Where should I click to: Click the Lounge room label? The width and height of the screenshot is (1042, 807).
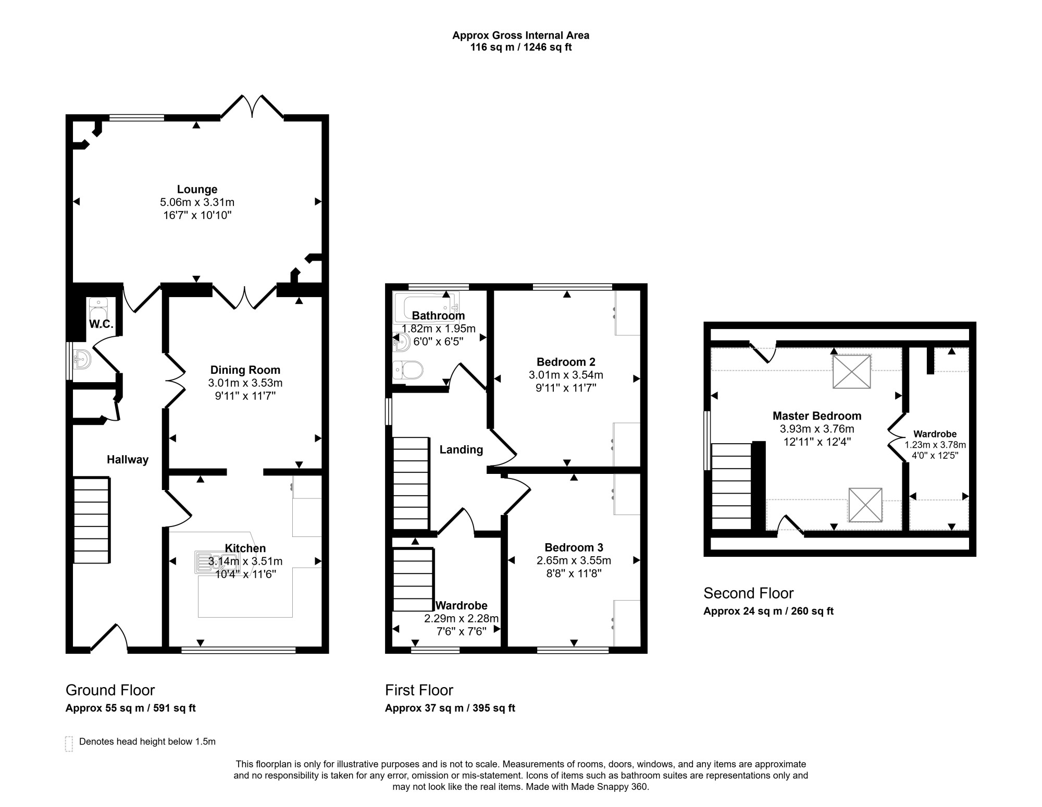197,189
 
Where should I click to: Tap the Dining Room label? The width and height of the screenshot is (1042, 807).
245,370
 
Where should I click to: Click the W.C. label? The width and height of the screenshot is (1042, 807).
101,324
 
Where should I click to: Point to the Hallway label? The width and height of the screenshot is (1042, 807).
128,460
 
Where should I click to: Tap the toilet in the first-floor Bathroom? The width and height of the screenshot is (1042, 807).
408,370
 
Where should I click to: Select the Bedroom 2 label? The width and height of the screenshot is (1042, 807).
566,362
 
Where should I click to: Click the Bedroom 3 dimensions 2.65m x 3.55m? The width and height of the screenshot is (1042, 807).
574,560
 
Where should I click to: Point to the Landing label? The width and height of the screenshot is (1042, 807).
461,450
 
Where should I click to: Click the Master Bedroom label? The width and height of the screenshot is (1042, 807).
816,416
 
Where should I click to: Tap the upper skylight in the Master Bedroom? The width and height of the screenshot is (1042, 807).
852,372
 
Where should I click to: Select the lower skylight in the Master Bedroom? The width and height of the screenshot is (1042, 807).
865,505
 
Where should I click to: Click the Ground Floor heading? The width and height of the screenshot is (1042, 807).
110,690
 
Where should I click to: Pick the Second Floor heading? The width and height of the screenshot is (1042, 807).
748,593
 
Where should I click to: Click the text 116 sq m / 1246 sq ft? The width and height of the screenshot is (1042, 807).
521,47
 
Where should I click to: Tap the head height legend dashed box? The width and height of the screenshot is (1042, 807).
69,744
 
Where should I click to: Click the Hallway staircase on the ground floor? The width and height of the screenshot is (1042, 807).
92,520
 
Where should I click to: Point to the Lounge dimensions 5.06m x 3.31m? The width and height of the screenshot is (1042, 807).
197,202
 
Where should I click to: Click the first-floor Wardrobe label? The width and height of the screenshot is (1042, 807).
462,606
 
